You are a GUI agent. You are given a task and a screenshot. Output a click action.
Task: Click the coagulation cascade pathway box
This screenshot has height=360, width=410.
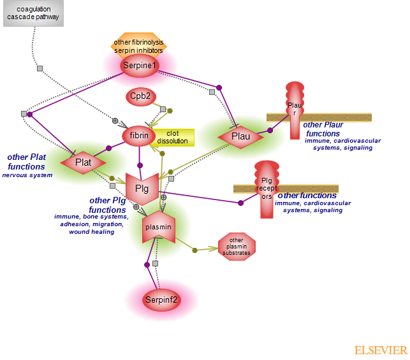(38, 13)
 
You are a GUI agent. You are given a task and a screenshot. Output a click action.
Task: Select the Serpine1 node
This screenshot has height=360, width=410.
(140, 65)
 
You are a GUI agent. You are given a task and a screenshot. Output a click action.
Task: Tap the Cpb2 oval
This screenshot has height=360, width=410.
(140, 96)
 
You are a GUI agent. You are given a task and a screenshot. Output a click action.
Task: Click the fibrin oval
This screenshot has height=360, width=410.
(139, 135)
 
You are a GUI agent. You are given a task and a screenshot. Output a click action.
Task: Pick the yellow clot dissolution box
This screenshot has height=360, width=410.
(172, 136)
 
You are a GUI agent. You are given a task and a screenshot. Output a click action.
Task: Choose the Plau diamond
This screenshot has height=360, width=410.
(240, 136)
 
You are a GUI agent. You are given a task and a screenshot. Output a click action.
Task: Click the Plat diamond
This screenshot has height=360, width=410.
(83, 162)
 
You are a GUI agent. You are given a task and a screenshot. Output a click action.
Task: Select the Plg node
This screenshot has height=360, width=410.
(142, 189)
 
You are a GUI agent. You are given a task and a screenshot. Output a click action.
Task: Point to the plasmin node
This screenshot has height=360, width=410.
(158, 227)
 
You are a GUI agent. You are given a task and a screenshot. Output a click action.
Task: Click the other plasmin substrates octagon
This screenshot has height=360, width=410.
(237, 247)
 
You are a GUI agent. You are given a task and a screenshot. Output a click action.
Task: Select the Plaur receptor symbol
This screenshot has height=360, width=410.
(294, 110)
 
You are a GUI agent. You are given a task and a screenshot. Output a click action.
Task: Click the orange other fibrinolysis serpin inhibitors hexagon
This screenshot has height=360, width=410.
(138, 45)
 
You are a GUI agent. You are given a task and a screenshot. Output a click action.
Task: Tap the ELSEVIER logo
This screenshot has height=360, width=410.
(381, 350)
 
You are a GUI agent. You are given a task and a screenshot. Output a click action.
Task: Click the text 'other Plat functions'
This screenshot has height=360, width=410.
(26, 162)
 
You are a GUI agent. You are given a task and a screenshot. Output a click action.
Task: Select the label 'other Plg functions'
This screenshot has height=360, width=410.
(108, 205)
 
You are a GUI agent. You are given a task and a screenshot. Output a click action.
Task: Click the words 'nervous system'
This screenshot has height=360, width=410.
(27, 175)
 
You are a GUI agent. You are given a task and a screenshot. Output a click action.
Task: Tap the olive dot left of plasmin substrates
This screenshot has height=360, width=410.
(194, 250)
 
